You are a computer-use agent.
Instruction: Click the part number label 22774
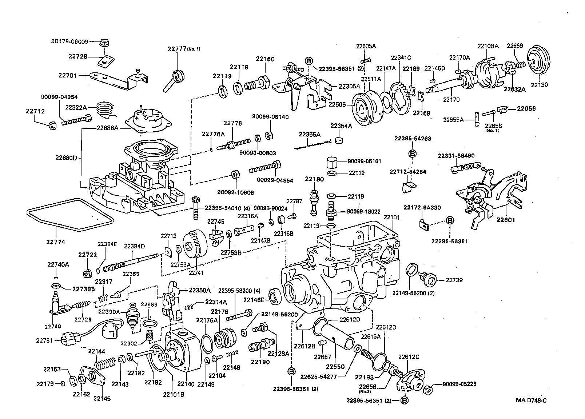click(56, 242)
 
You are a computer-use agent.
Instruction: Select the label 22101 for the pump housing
click(391, 217)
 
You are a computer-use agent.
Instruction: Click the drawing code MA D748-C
click(531, 400)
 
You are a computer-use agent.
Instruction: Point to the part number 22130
click(539, 85)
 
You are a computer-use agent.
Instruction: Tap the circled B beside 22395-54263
click(413, 154)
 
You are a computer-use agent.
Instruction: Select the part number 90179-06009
click(69, 41)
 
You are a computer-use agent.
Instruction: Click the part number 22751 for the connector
click(44, 340)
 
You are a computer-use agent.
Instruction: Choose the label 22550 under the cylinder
click(334, 366)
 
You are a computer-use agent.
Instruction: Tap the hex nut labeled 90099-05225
click(428, 390)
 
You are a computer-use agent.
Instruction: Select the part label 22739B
click(83, 289)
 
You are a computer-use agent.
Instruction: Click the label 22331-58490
click(456, 155)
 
